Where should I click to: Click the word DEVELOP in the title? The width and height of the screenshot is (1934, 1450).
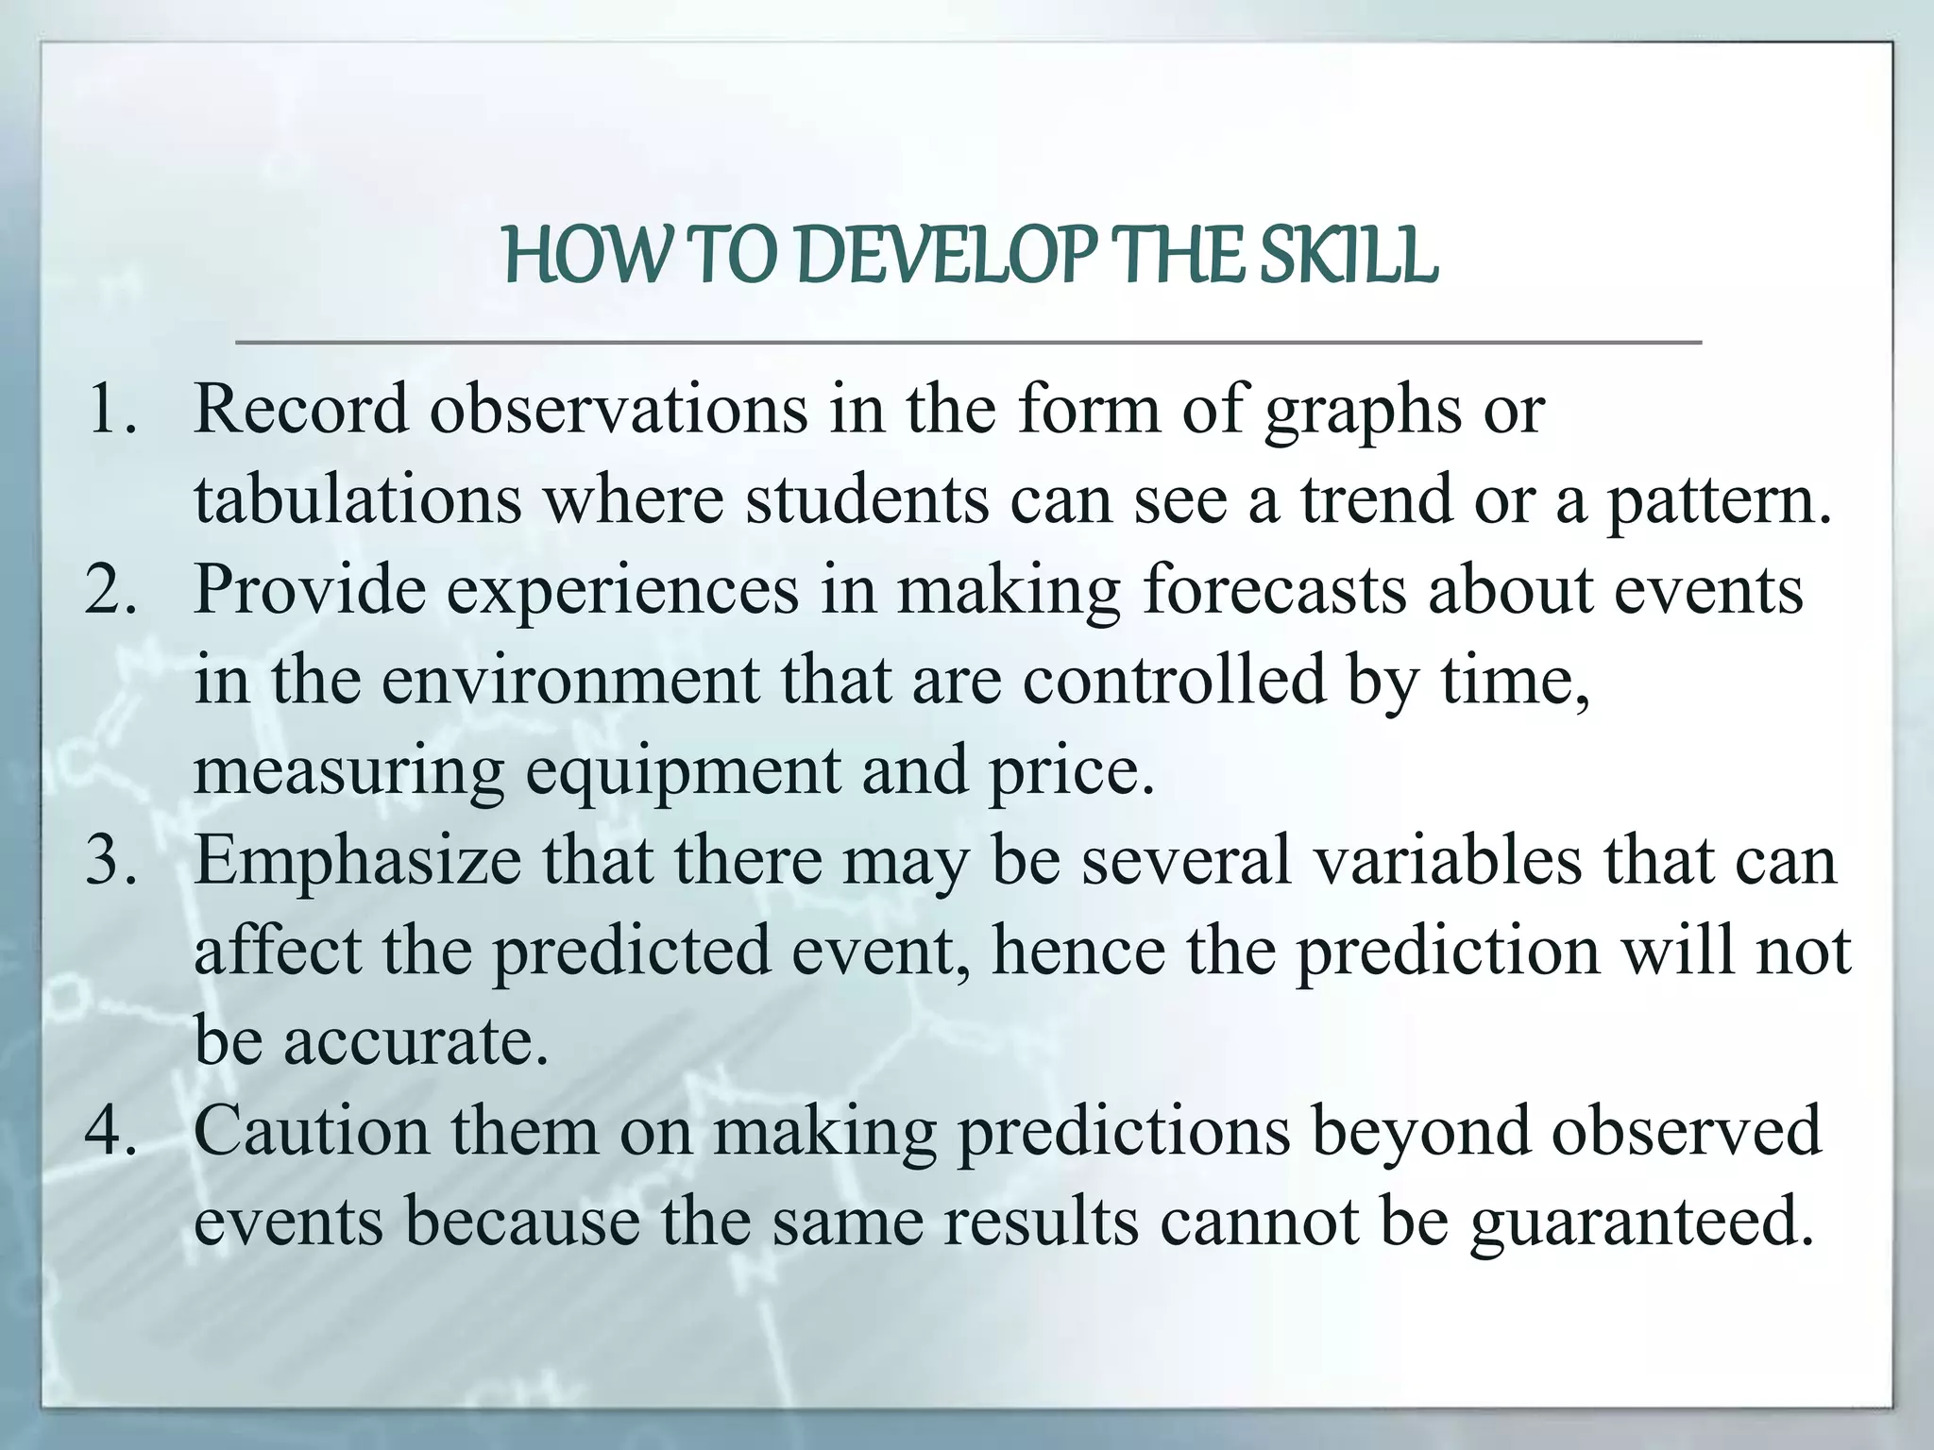pyautogui.click(x=948, y=257)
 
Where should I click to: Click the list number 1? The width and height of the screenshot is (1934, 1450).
pyautogui.click(x=111, y=410)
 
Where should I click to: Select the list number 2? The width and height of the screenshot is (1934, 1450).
pyautogui.click(x=111, y=590)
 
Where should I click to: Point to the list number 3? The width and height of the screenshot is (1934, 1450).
pyautogui.click(x=111, y=861)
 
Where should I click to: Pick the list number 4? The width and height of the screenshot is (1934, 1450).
pyautogui.click(x=111, y=1131)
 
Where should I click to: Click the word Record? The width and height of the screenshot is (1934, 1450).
pyautogui.click(x=300, y=410)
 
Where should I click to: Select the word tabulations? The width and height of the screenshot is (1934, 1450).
pyautogui.click(x=357, y=500)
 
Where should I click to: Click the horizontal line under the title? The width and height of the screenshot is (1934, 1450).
pyautogui.click(x=967, y=342)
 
